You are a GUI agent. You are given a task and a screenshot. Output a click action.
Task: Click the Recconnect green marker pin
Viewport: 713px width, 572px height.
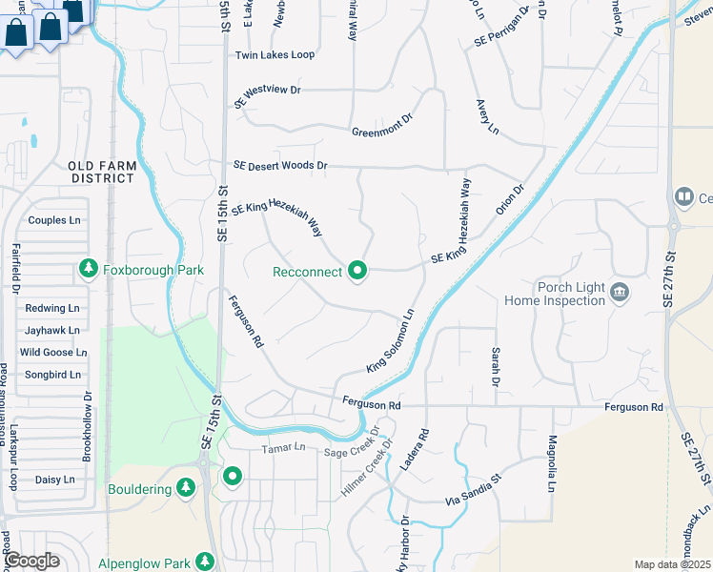pyautogui.click(x=358, y=272)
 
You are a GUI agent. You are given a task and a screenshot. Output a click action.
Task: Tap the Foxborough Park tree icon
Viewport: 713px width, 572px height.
pyautogui.click(x=89, y=270)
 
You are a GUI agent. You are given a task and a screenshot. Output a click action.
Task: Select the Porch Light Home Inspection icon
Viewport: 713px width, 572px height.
pyautogui.click(x=620, y=291)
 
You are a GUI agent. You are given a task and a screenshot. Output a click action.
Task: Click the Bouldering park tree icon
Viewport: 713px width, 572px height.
pyautogui.click(x=186, y=489)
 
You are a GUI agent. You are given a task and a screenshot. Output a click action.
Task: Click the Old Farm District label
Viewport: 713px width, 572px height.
pyautogui.click(x=103, y=172)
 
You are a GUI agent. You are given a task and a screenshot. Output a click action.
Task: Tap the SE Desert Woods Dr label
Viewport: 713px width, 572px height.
pyautogui.click(x=280, y=166)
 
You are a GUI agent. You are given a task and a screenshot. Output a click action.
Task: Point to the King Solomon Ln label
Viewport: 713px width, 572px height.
pyautogui.click(x=390, y=341)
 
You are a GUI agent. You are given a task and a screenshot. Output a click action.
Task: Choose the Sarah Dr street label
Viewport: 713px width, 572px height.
pyautogui.click(x=496, y=362)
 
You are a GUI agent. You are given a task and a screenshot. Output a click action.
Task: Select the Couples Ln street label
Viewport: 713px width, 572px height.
pyautogui.click(x=54, y=220)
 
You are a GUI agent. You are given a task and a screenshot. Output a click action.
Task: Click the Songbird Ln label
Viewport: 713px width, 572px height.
pyautogui.click(x=52, y=375)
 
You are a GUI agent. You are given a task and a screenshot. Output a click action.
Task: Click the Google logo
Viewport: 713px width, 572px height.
pyautogui.click(x=31, y=562)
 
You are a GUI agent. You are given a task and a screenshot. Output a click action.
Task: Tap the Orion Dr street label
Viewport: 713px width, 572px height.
pyautogui.click(x=511, y=200)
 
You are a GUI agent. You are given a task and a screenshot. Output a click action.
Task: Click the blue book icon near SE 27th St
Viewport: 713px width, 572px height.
pyautogui.click(x=683, y=197)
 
